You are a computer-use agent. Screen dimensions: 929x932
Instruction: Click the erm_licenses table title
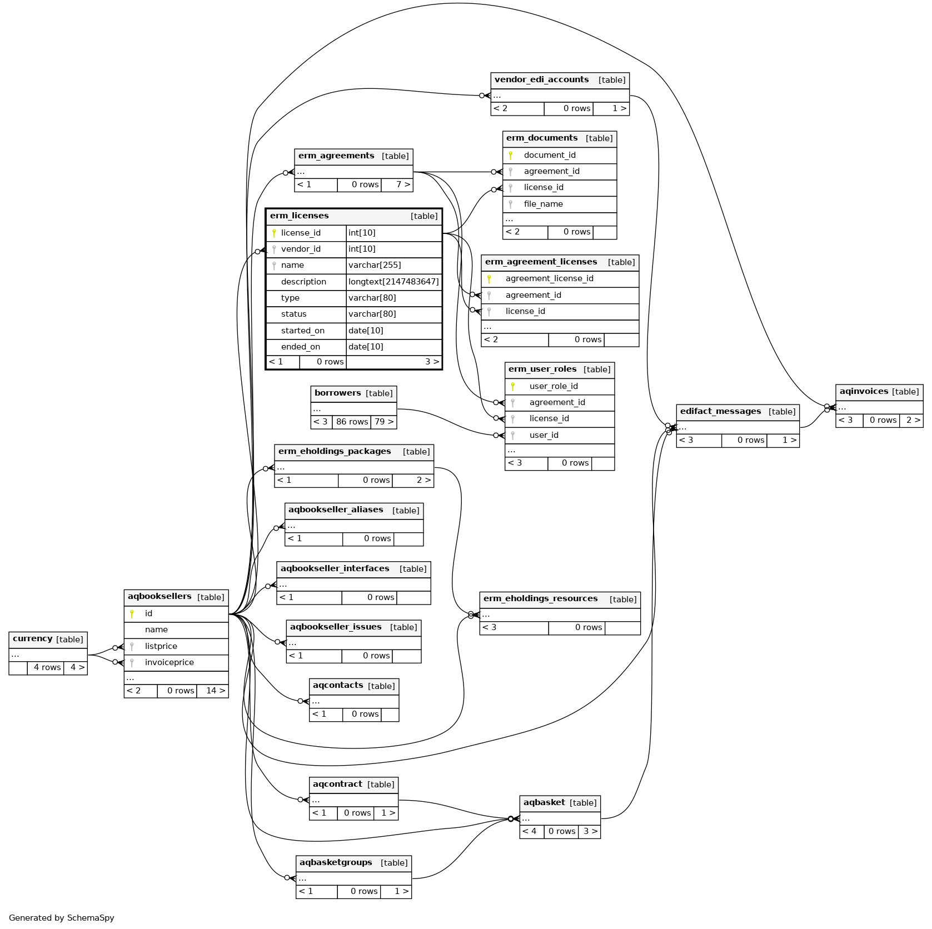point(299,216)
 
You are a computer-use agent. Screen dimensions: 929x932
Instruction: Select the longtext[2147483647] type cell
point(393,282)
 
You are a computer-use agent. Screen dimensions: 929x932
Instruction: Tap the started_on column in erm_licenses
point(303,331)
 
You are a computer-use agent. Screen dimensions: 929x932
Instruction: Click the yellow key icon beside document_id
point(511,156)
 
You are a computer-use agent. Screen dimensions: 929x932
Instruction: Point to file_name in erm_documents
point(543,204)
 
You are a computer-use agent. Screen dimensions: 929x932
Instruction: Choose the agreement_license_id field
point(549,279)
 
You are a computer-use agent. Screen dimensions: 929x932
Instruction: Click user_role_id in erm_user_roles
point(554,387)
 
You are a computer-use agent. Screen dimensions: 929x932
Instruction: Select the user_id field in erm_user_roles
point(544,436)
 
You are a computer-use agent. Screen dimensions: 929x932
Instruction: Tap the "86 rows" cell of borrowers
point(352,422)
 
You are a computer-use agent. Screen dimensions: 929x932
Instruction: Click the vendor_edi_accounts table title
point(541,80)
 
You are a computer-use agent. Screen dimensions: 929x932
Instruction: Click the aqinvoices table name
point(864,392)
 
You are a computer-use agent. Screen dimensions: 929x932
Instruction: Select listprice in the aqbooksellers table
point(161,647)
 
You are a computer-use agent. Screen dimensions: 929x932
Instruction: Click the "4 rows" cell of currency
point(47,668)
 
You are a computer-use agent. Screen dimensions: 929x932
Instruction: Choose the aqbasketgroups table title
point(336,863)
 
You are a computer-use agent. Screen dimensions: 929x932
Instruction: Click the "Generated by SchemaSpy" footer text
point(61,918)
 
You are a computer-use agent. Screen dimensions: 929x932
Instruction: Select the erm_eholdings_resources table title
point(540,599)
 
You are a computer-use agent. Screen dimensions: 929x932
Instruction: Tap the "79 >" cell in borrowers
point(383,422)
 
